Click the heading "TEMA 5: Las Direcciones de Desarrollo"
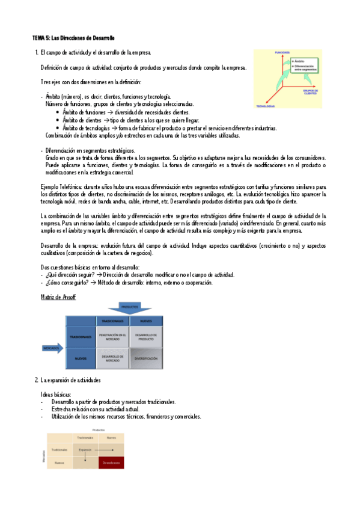click(x=73, y=38)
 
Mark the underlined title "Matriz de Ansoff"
click(x=58, y=297)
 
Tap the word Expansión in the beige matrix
click(x=85, y=449)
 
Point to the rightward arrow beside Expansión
click(x=103, y=449)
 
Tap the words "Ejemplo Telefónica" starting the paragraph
click(x=58, y=187)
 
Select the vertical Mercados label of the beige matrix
click(x=44, y=455)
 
